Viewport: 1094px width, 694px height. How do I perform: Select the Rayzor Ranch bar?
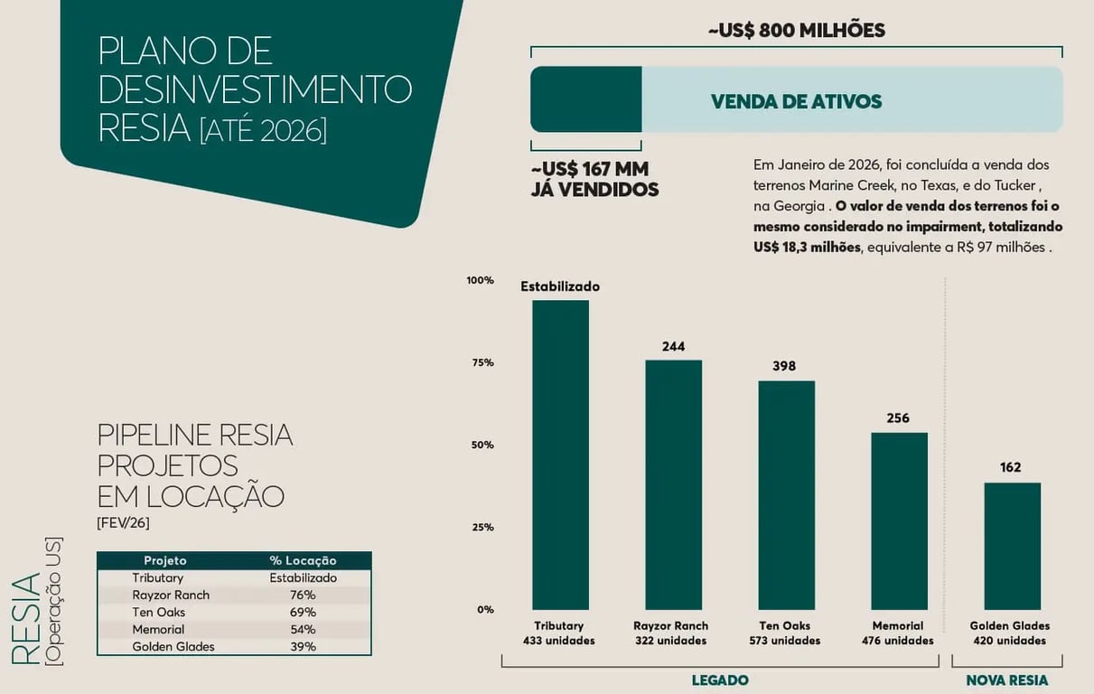pos(673,484)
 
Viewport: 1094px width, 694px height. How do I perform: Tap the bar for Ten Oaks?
pos(786,495)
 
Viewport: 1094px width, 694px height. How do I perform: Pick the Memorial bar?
pos(899,520)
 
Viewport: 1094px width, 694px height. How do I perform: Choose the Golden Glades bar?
pos(1012,546)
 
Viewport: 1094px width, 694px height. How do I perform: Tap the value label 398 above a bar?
pos(784,366)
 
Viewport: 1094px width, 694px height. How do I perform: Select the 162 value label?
pos(1011,467)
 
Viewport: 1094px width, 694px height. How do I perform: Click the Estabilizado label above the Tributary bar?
pos(560,286)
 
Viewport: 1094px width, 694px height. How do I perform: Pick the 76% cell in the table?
pos(303,595)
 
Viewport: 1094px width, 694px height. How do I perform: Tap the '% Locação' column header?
pos(303,560)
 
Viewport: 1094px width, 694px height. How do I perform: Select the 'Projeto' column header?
pos(165,560)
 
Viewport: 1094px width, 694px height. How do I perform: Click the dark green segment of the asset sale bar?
pos(585,99)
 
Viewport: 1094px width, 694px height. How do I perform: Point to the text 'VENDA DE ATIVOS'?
pos(796,101)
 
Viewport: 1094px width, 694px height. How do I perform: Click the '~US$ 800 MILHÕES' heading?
pos(796,31)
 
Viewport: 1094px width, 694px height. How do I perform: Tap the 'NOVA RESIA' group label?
pos(1007,680)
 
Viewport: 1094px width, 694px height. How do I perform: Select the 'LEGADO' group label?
pos(720,680)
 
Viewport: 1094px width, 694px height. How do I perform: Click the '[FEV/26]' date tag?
pos(123,522)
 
